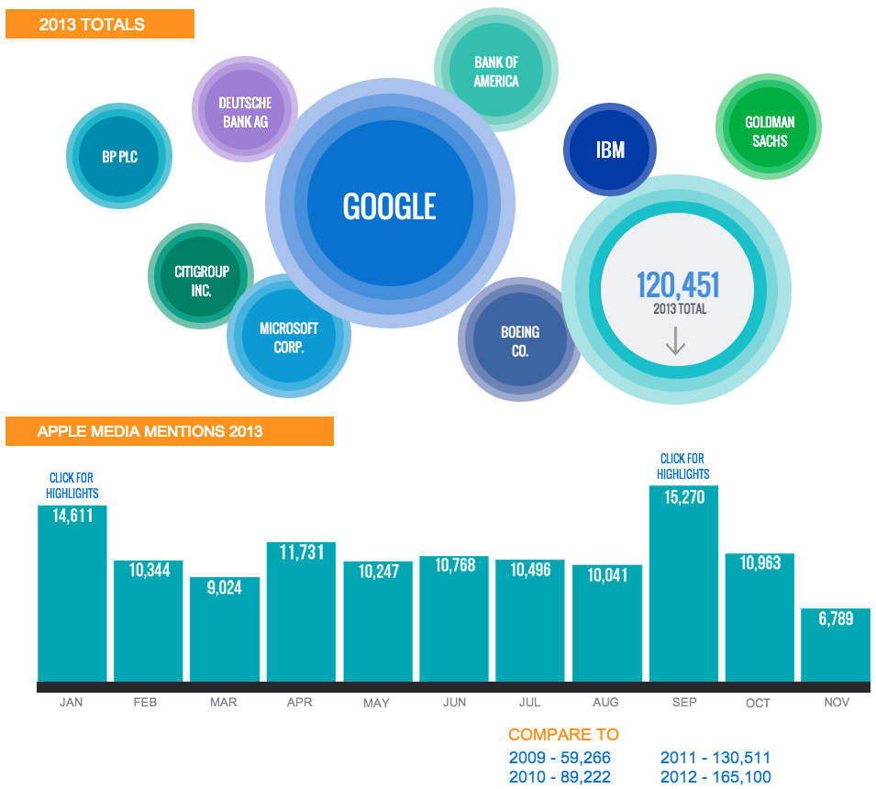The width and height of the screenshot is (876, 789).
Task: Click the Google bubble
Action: [390, 206]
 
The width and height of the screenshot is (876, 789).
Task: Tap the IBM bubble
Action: [610, 150]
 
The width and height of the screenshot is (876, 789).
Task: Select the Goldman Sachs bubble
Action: [769, 130]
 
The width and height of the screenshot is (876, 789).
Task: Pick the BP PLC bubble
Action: [119, 157]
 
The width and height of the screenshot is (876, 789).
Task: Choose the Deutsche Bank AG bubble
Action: [245, 111]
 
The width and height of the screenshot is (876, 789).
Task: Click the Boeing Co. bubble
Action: [519, 340]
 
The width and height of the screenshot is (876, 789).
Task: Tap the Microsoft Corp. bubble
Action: [288, 337]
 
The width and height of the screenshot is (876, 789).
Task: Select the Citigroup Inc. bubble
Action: [201, 280]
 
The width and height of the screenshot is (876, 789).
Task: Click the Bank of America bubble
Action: [496, 72]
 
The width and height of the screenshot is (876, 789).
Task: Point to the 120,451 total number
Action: [678, 285]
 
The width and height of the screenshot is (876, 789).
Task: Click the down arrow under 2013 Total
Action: [675, 340]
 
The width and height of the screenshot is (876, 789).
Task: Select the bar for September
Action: [683, 587]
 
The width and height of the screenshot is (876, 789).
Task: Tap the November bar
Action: [836, 647]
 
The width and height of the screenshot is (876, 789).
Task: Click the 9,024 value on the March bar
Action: [224, 588]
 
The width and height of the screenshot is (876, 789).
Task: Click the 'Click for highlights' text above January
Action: [72, 485]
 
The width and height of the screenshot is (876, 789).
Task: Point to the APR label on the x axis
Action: [299, 702]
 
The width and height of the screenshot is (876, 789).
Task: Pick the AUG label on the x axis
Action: [605, 702]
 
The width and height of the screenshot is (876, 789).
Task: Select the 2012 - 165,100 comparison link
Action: [715, 776]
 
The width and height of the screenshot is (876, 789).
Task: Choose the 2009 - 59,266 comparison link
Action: [560, 758]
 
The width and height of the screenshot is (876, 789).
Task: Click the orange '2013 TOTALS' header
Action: [99, 25]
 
